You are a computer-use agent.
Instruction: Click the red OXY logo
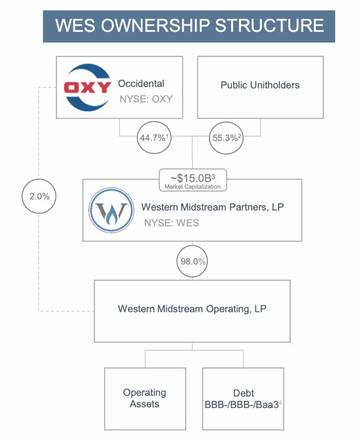pyautogui.click(x=87, y=88)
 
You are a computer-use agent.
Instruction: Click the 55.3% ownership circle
pyautogui.click(x=226, y=138)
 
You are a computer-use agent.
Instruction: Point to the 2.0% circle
pyautogui.click(x=39, y=196)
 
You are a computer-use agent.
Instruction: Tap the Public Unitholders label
pyautogui.click(x=260, y=85)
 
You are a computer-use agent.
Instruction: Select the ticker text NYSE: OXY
pyautogui.click(x=146, y=99)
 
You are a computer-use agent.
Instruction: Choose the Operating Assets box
pyautogui.click(x=145, y=398)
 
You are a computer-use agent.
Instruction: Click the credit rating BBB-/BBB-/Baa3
pyautogui.click(x=243, y=405)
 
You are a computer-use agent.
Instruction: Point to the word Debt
pyautogui.click(x=244, y=393)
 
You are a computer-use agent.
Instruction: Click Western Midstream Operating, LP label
pyautogui.click(x=192, y=308)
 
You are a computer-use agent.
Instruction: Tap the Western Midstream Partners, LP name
pyautogui.click(x=212, y=207)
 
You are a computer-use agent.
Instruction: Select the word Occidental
pyautogui.click(x=141, y=84)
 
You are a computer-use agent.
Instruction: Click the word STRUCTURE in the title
pyautogui.click(x=269, y=26)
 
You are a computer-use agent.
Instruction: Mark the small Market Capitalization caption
pyautogui.click(x=192, y=186)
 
